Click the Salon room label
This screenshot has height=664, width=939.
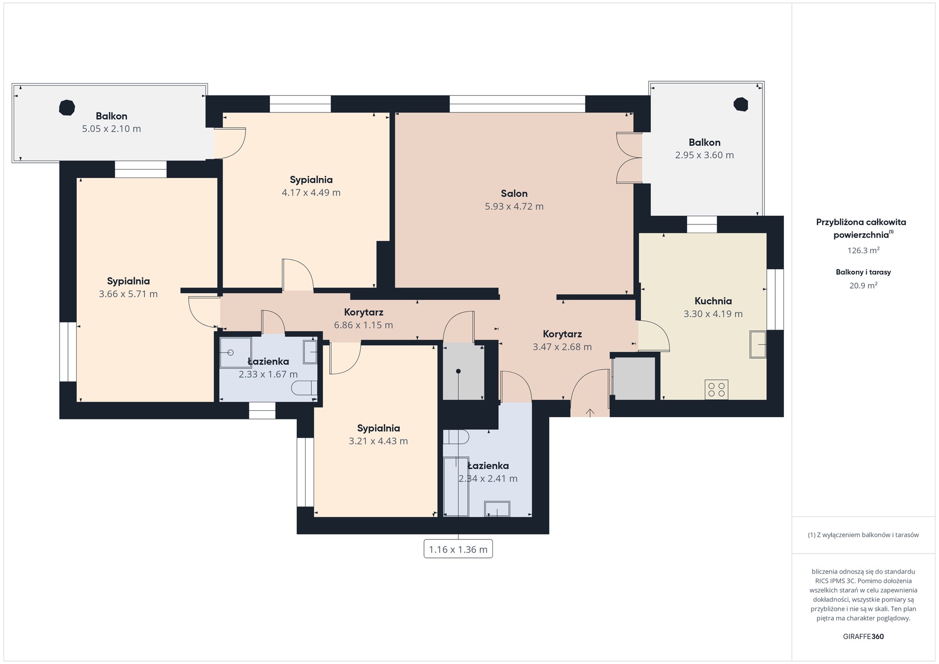(x=514, y=194)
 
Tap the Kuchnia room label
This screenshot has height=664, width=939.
(x=713, y=301)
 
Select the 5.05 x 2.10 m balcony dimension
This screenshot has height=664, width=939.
(x=112, y=129)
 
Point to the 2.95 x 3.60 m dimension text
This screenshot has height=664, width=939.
(x=704, y=155)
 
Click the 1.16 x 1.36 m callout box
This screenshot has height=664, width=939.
(x=458, y=549)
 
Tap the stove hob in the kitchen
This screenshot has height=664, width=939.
(x=716, y=390)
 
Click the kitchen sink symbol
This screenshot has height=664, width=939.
(x=758, y=344)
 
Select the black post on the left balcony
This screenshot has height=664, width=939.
(x=67, y=108)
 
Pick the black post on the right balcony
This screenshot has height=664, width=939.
(x=741, y=105)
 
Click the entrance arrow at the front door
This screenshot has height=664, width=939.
(x=590, y=413)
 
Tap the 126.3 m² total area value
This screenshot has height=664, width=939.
(x=864, y=250)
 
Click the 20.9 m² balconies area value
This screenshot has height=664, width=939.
(x=863, y=286)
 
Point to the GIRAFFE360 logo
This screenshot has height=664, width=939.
(x=863, y=637)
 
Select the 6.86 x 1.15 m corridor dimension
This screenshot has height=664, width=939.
(x=363, y=325)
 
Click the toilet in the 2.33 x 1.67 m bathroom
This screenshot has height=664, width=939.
(x=304, y=389)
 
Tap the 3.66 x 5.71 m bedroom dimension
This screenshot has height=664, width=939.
(x=128, y=294)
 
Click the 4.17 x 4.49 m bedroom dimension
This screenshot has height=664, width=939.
(x=311, y=193)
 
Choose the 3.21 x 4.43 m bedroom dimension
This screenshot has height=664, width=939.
(x=378, y=441)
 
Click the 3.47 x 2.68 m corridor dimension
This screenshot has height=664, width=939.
(x=562, y=347)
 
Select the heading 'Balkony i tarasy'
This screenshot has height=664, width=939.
(x=863, y=272)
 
